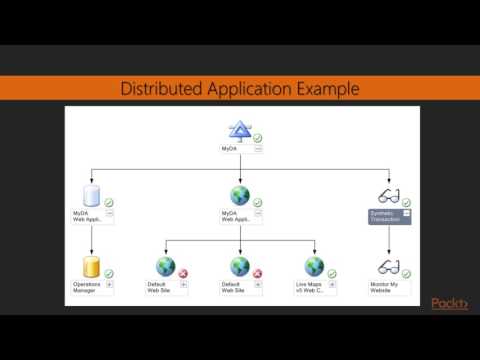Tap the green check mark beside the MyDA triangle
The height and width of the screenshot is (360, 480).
(x=257, y=137)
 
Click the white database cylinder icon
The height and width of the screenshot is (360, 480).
(x=92, y=196)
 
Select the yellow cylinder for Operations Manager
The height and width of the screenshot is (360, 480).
(x=92, y=267)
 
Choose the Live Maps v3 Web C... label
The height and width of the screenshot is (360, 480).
(x=309, y=287)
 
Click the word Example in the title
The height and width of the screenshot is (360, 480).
(x=323, y=88)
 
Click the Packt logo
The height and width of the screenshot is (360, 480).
(x=450, y=304)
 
